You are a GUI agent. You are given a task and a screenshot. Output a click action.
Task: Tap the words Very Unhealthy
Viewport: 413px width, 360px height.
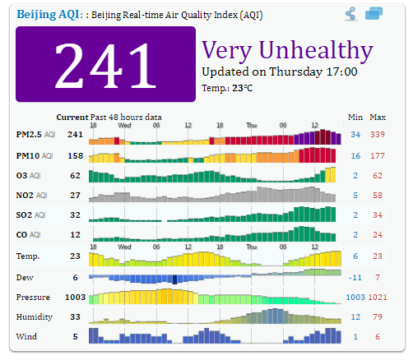tap(287, 49)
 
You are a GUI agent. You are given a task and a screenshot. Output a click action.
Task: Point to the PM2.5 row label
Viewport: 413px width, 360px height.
tap(29, 134)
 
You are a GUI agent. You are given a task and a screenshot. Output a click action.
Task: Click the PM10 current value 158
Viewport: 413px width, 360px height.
tap(74, 155)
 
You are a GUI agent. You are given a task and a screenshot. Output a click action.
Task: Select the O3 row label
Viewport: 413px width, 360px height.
tap(21, 175)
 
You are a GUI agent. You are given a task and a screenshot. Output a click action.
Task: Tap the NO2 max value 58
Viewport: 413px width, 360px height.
tap(378, 196)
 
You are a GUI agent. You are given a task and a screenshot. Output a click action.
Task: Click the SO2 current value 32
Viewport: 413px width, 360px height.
tap(74, 215)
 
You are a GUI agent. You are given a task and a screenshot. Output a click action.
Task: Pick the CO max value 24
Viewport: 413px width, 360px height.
tap(378, 236)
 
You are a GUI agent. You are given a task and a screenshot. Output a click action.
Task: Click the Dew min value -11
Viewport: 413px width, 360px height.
tap(355, 277)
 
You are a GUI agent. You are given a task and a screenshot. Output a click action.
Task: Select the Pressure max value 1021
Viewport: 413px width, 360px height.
tap(378, 297)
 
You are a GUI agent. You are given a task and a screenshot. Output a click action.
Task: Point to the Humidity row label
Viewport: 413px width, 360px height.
tap(34, 316)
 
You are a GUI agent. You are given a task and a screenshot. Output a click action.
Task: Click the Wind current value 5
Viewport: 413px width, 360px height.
tap(74, 336)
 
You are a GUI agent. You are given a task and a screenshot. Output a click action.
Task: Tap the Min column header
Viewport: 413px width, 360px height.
tap(355, 117)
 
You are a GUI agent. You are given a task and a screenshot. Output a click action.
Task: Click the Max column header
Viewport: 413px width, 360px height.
tap(378, 117)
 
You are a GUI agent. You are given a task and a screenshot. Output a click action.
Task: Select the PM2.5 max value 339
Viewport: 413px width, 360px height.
tap(378, 134)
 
